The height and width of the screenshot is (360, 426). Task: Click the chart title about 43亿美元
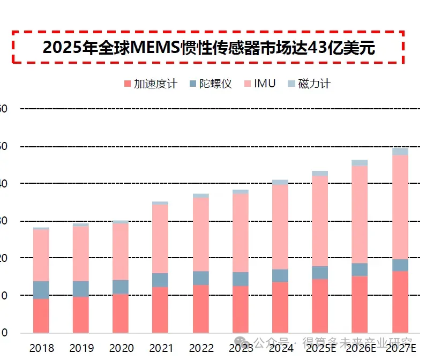pyautogui.click(x=208, y=47)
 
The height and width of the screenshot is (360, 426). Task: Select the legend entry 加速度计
pyautogui.click(x=150, y=84)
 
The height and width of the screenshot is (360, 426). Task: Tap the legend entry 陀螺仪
pyautogui.click(x=210, y=84)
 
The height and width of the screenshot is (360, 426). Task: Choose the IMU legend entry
pyautogui.click(x=259, y=84)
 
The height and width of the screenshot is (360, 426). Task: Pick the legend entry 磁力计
pyautogui.click(x=309, y=84)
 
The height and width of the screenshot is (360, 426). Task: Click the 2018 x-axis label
pyautogui.click(x=41, y=348)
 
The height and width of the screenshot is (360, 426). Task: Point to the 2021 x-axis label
pyautogui.click(x=161, y=348)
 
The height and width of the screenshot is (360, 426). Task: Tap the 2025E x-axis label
pyautogui.click(x=320, y=348)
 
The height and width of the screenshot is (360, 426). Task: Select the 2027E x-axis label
pyautogui.click(x=400, y=348)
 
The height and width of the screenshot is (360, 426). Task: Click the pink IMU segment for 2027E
pyautogui.click(x=400, y=207)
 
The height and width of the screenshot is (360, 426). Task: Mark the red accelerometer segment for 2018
pyautogui.click(x=41, y=316)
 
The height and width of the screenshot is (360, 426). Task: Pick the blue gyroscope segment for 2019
pyautogui.click(x=81, y=289)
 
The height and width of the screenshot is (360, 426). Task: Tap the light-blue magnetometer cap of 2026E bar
pyautogui.click(x=360, y=163)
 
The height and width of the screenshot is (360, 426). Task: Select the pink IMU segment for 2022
pyautogui.click(x=200, y=235)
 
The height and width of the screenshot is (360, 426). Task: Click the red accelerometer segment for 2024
pyautogui.click(x=280, y=307)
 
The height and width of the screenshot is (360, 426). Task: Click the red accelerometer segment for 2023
pyautogui.click(x=240, y=309)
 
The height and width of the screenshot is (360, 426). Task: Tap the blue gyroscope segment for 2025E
pyautogui.click(x=320, y=273)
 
